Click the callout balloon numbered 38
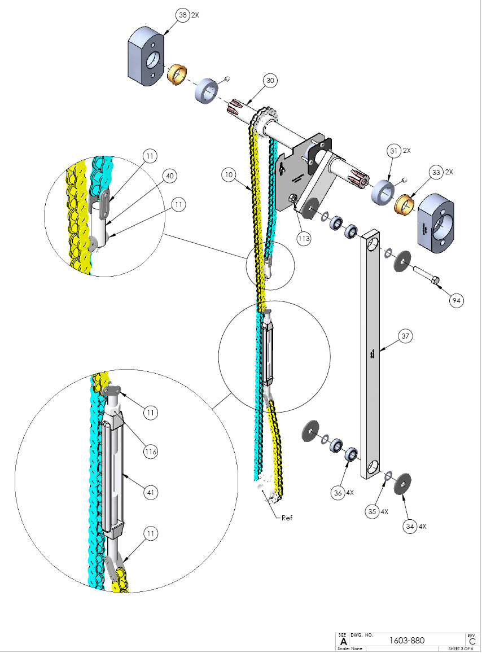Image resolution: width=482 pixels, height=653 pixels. pyautogui.click(x=182, y=16)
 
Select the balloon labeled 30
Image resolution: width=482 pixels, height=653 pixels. pyautogui.click(x=270, y=81)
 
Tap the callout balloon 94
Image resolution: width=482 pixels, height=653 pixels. pyautogui.click(x=456, y=301)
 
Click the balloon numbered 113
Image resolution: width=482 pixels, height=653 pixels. pyautogui.click(x=304, y=238)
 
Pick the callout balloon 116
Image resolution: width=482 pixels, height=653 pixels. pyautogui.click(x=150, y=452)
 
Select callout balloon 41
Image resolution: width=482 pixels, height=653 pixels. pyautogui.click(x=150, y=493)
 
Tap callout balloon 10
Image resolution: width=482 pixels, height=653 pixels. pyautogui.click(x=228, y=175)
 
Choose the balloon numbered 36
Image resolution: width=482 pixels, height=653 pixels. pyautogui.click(x=338, y=493)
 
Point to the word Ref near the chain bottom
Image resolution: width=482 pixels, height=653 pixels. pyautogui.click(x=287, y=517)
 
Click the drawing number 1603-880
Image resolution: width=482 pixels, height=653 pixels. pyautogui.click(x=407, y=640)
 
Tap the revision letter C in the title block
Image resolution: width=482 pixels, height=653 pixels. pyautogui.click(x=471, y=641)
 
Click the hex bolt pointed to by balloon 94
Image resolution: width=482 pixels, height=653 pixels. pyautogui.click(x=427, y=277)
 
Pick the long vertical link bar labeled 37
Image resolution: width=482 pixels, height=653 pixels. pyautogui.click(x=371, y=356)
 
